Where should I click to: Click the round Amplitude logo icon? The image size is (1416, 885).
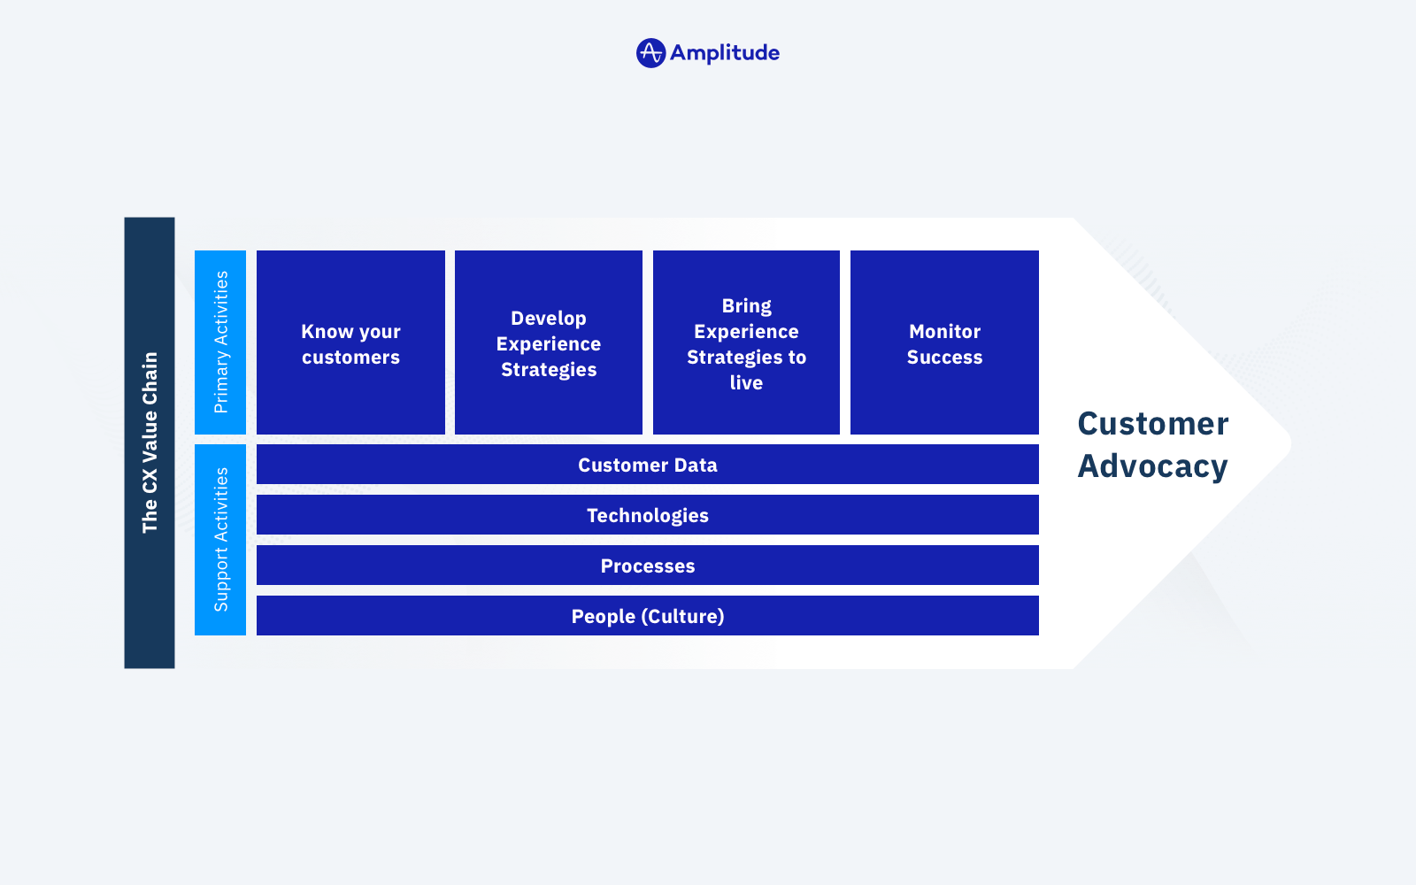click(x=650, y=53)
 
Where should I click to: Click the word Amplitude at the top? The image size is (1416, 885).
click(x=725, y=53)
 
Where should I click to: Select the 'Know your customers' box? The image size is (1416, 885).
click(x=350, y=342)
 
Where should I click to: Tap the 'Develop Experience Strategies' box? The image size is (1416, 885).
click(x=549, y=342)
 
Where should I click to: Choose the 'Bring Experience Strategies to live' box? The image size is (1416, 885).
click(x=747, y=342)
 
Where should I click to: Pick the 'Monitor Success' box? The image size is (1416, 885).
click(x=944, y=342)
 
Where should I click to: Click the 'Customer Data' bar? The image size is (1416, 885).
click(x=647, y=465)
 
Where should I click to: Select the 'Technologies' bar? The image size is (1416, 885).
click(x=647, y=514)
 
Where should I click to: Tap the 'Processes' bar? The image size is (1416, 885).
click(x=647, y=566)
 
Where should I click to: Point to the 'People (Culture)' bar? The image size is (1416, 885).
click(x=647, y=616)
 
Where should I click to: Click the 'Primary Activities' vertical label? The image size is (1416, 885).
click(x=220, y=342)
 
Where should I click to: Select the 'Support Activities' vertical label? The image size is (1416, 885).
click(x=220, y=540)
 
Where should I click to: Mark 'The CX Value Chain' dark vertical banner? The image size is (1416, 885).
click(x=150, y=443)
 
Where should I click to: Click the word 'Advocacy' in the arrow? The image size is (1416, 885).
click(x=1152, y=467)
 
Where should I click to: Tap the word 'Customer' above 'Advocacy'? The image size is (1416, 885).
click(x=1153, y=424)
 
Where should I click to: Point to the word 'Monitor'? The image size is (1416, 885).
click(x=944, y=331)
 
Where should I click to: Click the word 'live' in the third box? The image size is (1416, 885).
click(x=747, y=382)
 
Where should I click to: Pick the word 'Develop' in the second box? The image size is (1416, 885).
click(x=549, y=319)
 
